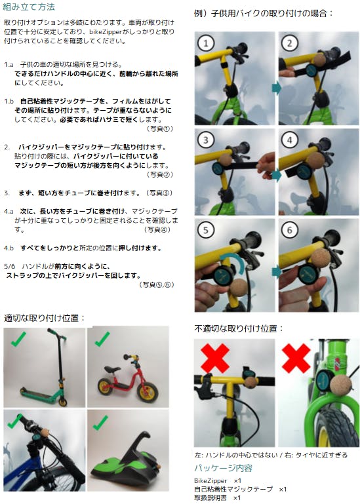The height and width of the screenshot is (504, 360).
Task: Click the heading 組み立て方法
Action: pos(29,7)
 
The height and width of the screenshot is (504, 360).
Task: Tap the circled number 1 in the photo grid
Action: pos(206,43)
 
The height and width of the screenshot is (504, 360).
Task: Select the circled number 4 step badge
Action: pos(290,140)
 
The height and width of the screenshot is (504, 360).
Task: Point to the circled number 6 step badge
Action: pos(290,230)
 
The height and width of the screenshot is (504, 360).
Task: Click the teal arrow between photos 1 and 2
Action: pos(277,87)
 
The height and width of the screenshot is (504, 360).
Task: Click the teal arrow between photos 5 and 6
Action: pos(277,272)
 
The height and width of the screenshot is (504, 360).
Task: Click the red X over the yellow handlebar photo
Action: pos(215,358)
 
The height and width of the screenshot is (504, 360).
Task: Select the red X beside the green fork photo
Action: pos(296,358)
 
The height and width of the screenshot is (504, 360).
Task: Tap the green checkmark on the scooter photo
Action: pos(18,339)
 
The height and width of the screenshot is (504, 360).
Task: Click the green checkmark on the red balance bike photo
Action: pos(102,339)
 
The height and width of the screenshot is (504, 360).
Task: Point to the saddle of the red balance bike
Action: pos(111,370)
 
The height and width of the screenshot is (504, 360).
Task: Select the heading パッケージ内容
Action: pos(223,468)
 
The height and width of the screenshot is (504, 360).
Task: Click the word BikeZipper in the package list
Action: pos(210,481)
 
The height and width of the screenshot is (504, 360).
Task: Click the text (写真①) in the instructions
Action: pos(160,128)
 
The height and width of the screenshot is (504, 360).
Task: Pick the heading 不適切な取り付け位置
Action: pos(239,328)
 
